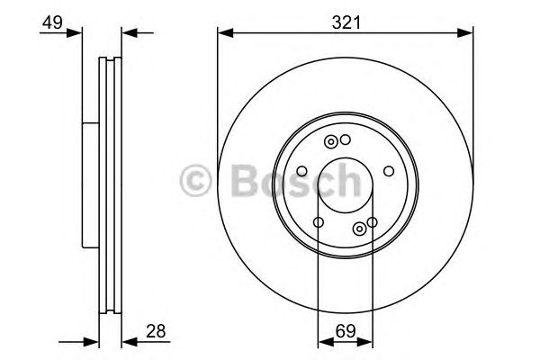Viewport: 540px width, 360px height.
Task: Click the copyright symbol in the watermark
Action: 197,182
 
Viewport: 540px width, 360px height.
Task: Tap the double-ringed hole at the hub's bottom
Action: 360,228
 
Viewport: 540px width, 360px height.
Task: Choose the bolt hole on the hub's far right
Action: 389,171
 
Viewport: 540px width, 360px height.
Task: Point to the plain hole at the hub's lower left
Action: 319,222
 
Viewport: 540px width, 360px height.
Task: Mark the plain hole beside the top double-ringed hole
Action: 346,139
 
